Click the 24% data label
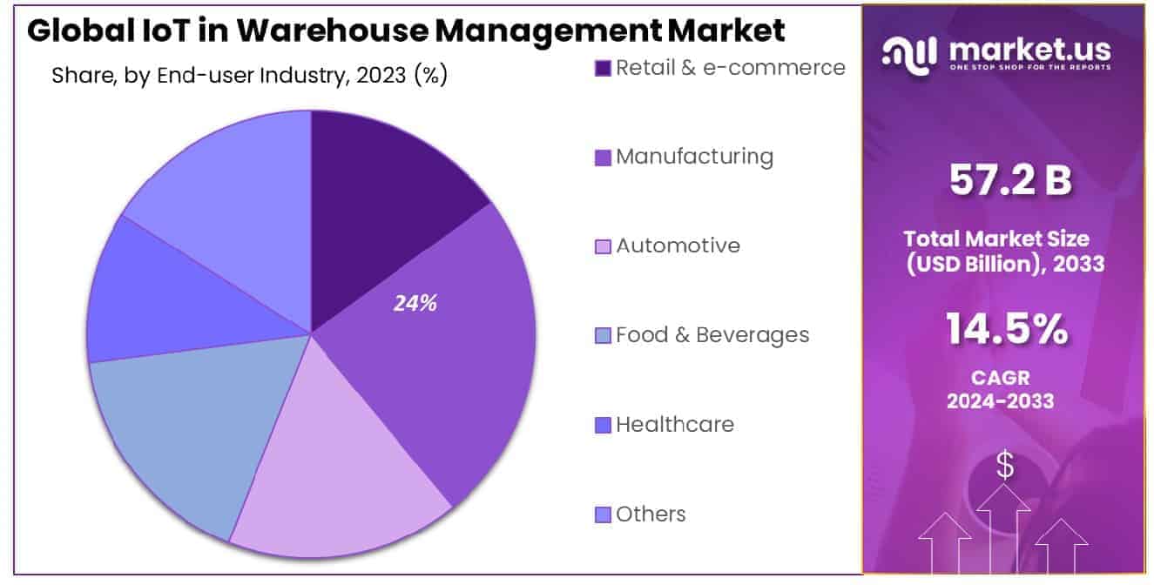pyautogui.click(x=415, y=304)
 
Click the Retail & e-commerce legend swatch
pyautogui.click(x=603, y=68)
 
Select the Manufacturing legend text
pyautogui.click(x=694, y=157)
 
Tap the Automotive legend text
pyautogui.click(x=678, y=245)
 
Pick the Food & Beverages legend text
pyautogui.click(x=712, y=335)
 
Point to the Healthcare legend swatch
pyautogui.click(x=603, y=425)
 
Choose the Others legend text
pyautogui.click(x=651, y=514)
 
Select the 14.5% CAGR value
pyautogui.click(x=1006, y=330)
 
